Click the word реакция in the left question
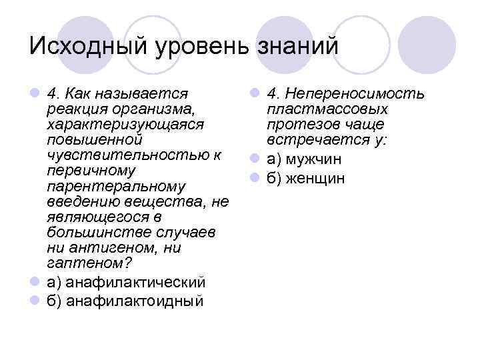tap(73, 109)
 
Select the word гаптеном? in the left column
tap(85, 262)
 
